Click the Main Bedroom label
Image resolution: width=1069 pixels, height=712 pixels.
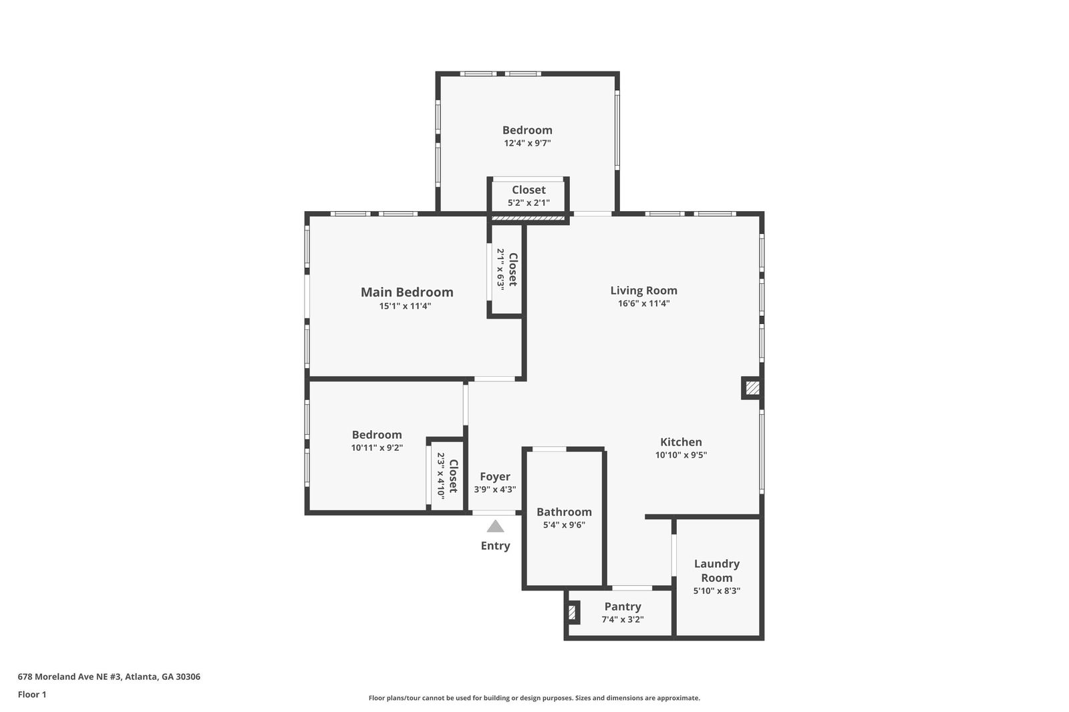[x=407, y=292]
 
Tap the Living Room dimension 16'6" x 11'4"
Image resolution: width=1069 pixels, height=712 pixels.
[x=643, y=303]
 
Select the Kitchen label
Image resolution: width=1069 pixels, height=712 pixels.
[x=681, y=441]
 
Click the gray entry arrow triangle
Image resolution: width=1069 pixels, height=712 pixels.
[x=495, y=526]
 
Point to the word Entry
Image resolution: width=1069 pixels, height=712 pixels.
[x=495, y=546]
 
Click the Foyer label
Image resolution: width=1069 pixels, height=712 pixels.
[x=495, y=476]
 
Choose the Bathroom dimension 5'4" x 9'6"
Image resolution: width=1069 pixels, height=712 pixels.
[x=564, y=525]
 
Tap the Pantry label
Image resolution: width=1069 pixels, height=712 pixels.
[x=623, y=606]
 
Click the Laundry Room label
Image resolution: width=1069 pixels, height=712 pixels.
[x=716, y=570]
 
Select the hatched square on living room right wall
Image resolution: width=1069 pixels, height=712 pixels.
[x=752, y=387]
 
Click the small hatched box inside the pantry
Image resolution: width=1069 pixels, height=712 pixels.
[x=572, y=612]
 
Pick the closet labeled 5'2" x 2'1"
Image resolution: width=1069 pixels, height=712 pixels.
[x=528, y=196]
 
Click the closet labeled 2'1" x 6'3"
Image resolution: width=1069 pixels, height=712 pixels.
[x=506, y=269]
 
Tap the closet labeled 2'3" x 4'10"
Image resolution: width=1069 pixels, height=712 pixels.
[x=447, y=476]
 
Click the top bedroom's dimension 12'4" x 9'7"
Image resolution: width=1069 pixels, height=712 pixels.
[x=527, y=143]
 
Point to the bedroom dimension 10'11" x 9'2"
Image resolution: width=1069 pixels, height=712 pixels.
[x=377, y=448]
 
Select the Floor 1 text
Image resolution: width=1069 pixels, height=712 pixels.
[x=32, y=695]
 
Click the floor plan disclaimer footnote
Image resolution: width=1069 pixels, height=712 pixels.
[x=534, y=698]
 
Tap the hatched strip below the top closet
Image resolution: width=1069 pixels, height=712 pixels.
[x=528, y=218]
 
